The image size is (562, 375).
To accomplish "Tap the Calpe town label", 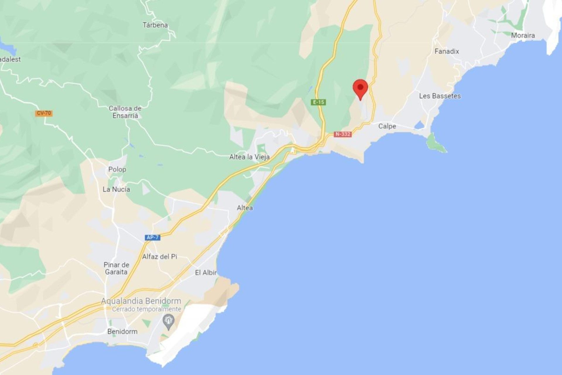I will coord(387,126).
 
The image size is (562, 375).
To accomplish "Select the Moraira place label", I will coord(523,35).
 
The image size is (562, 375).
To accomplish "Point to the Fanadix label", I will coord(447,52).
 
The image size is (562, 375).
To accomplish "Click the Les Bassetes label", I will coord(440,96).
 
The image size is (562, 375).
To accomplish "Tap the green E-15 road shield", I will coord(318,102).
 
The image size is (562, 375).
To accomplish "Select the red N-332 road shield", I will coord(342,134).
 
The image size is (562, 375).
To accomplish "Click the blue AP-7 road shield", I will coord(153,237).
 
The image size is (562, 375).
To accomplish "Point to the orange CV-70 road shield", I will coord(44,113).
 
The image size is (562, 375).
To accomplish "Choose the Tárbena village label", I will coord(155,25).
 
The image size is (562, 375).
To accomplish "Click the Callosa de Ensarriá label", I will coord(125,112).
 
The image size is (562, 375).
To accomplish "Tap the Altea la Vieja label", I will coord(249,157).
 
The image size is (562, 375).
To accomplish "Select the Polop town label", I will coord(117,169).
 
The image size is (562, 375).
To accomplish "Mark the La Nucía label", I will coord(116,189).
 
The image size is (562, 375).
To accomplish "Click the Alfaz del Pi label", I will coord(160,257).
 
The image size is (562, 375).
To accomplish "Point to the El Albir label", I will coord(206,273).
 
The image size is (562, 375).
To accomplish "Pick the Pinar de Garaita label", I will coord(116,268).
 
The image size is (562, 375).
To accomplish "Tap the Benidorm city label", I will coord(122,332).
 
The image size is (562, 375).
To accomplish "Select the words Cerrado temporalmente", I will coord(147,309).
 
